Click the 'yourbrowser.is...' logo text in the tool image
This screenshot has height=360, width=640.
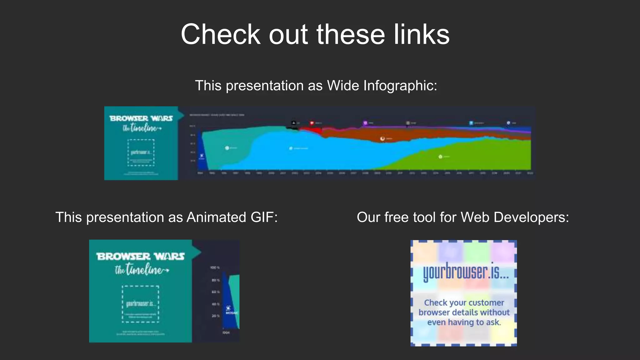[x=466, y=272]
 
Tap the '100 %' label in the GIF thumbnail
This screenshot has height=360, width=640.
[x=215, y=268]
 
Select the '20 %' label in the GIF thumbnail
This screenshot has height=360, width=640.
[x=216, y=316]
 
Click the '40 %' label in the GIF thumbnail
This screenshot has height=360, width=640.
[x=216, y=304]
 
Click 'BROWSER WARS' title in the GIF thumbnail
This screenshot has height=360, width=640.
[x=141, y=257]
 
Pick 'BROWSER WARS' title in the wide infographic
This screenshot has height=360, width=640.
[x=141, y=118]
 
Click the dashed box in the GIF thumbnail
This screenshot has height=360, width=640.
[x=140, y=304]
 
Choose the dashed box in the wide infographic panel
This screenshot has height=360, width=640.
[x=141, y=152]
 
